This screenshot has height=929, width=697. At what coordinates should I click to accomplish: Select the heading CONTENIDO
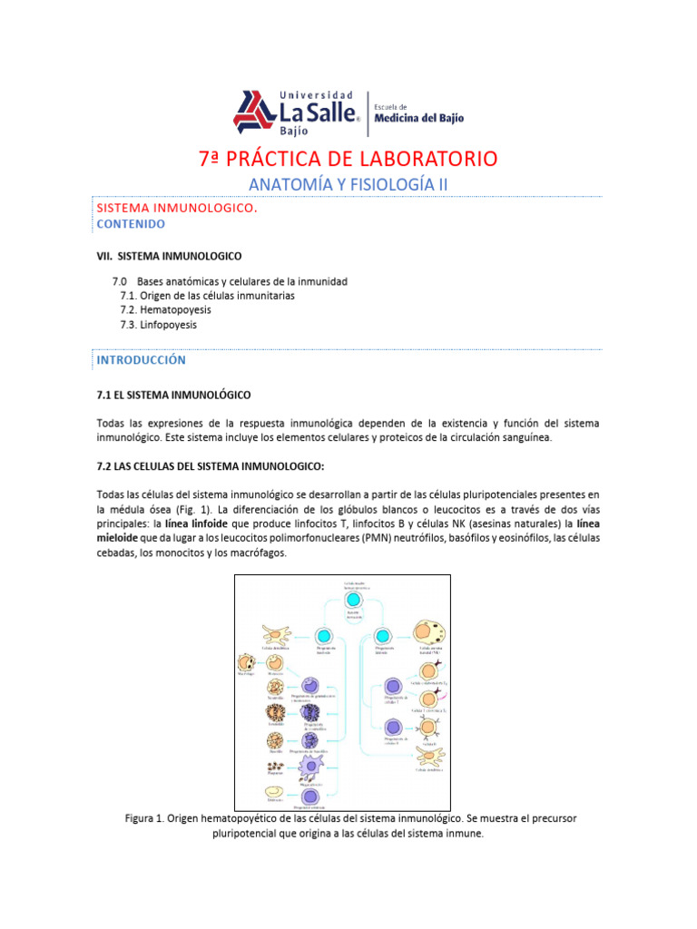click(131, 222)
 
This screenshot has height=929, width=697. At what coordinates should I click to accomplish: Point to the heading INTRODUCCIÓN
click(141, 359)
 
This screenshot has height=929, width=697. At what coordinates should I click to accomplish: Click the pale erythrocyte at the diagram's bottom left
click(272, 793)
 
